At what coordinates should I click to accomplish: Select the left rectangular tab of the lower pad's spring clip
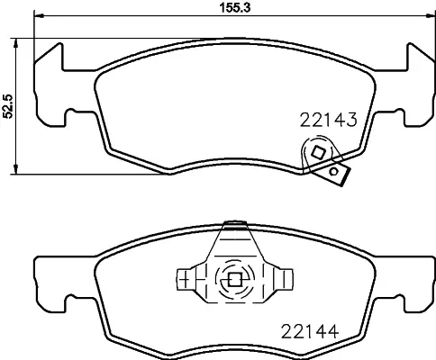[187, 278]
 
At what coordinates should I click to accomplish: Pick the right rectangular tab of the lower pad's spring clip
[283, 278]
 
